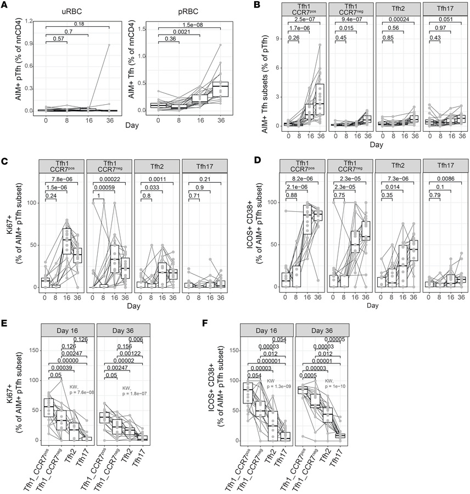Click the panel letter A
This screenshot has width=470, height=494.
pyautogui.click(x=5, y=5)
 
